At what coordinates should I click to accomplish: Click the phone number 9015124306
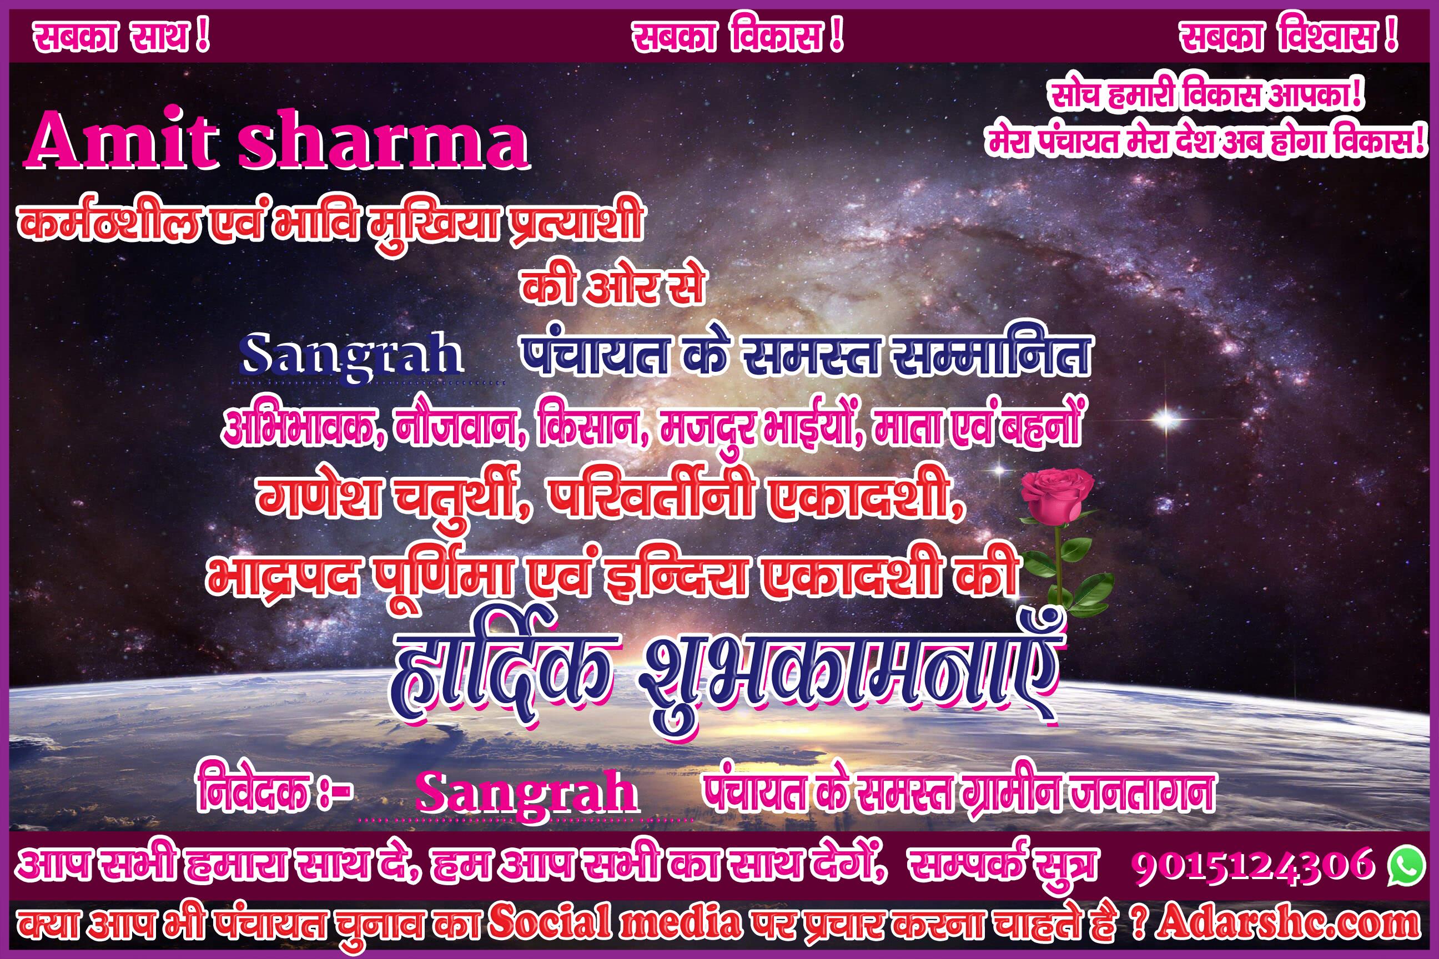[1252, 865]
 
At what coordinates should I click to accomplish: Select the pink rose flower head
[1056, 493]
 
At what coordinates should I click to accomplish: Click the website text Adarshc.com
[1287, 923]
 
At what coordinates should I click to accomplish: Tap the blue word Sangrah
[350, 355]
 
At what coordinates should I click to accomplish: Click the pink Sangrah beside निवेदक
[526, 793]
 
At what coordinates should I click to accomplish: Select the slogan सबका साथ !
[121, 37]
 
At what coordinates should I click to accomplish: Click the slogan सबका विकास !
[737, 37]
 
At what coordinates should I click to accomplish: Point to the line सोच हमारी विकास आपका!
[1206, 96]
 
